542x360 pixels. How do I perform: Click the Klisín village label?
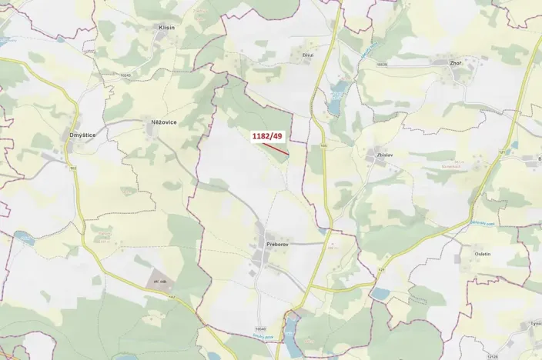coord(167,27)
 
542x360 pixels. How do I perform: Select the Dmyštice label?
coord(82,135)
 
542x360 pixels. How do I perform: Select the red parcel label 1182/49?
coord(267,136)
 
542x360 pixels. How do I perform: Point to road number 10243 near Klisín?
coord(126,75)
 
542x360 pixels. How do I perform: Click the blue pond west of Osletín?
coord(380,293)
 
